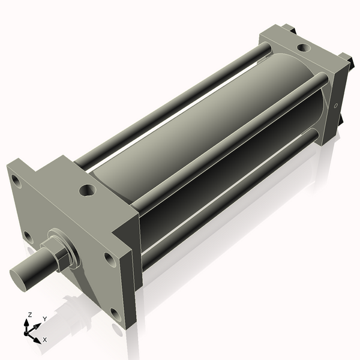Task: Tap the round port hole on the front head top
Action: [x=88, y=191]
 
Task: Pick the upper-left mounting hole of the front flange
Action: [x=15, y=178]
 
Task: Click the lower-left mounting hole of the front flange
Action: [x=26, y=235]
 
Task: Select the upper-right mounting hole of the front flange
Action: [x=109, y=259]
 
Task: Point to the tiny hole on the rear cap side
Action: [x=335, y=107]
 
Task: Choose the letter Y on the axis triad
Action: [x=44, y=319]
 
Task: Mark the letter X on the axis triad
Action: [x=44, y=340]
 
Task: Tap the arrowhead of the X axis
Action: [x=38, y=337]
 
